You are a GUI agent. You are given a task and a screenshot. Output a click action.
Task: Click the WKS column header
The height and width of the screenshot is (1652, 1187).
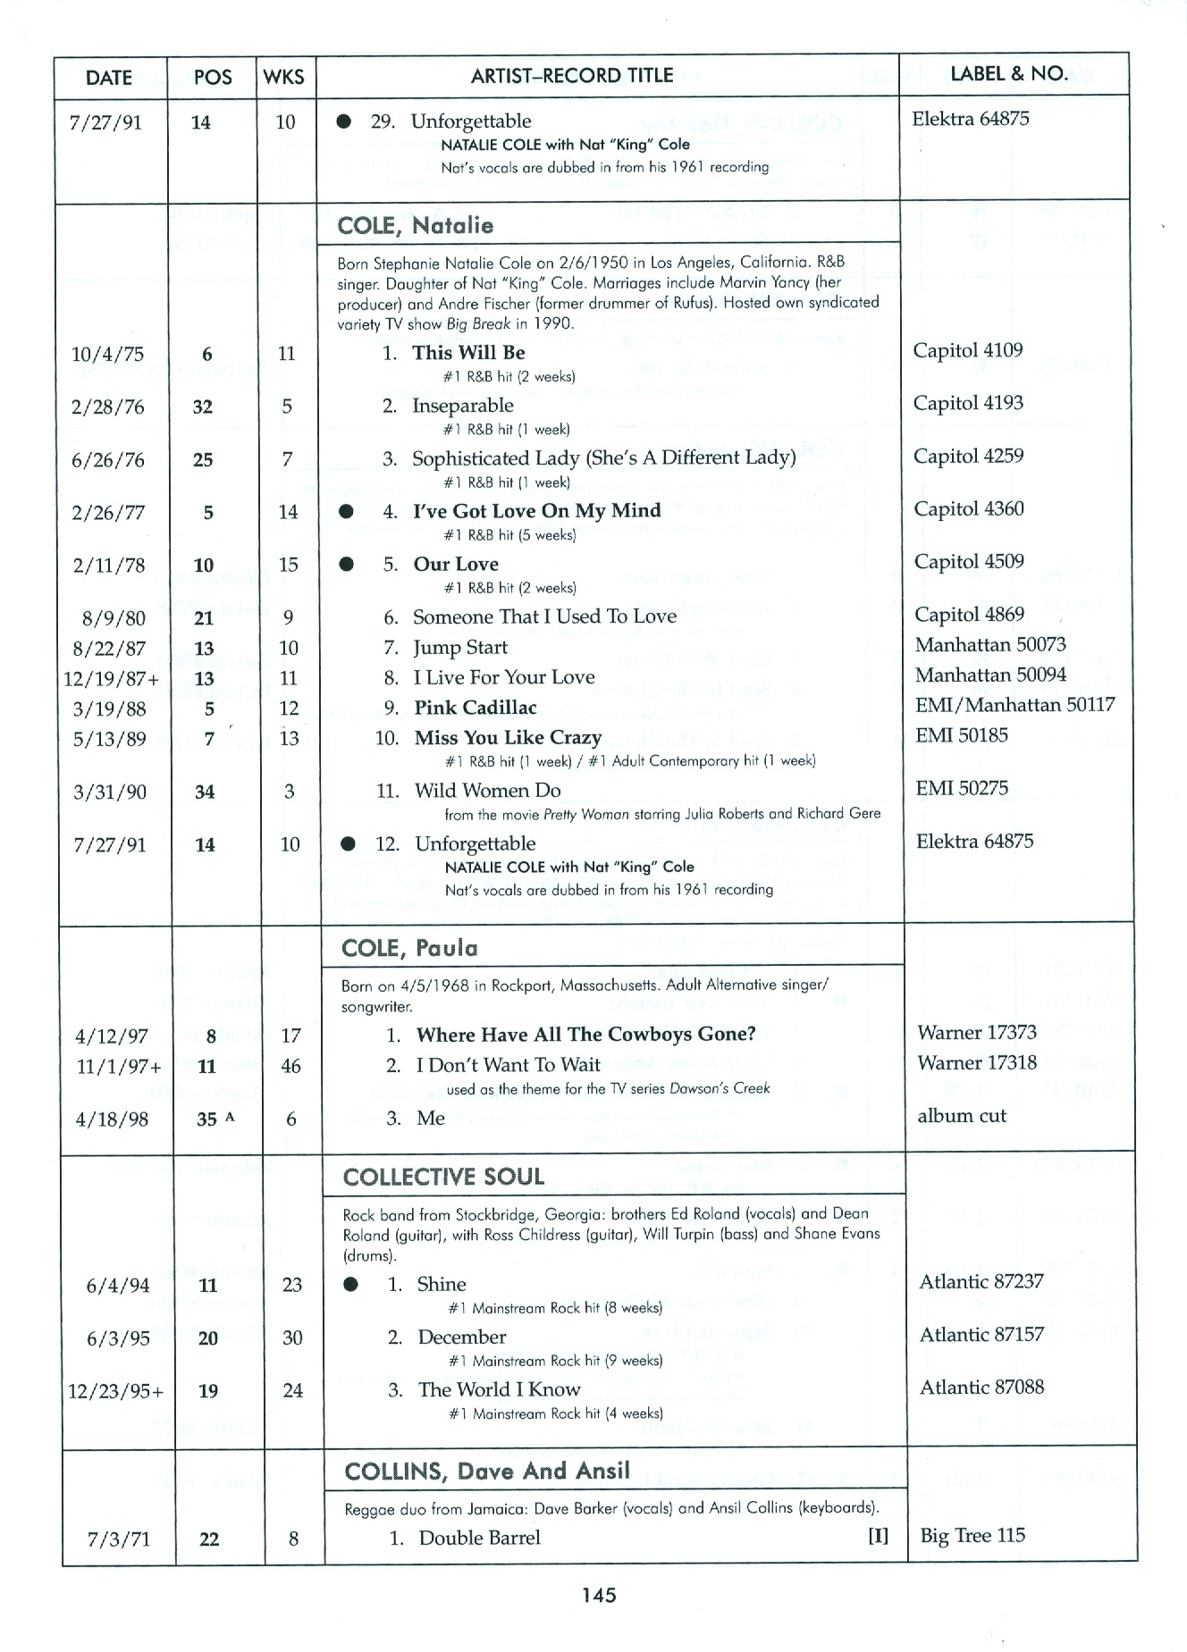pos(284,77)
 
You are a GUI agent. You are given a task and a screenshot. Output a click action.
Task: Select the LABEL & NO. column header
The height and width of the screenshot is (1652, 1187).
pos(1009,74)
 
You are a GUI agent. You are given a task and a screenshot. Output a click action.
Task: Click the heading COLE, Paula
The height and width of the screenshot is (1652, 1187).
pos(409,948)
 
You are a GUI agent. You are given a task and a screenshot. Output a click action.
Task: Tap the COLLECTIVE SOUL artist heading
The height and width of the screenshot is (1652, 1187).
pos(443,1177)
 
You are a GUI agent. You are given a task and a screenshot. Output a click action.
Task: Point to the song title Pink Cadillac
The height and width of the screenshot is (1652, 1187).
pos(475,708)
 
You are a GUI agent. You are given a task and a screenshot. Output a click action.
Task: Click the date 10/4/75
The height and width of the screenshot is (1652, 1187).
pos(107,354)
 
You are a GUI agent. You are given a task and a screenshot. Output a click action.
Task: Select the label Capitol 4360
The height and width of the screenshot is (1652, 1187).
pos(968,508)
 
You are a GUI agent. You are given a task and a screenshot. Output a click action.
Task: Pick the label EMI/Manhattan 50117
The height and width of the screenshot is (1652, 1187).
pos(1014,704)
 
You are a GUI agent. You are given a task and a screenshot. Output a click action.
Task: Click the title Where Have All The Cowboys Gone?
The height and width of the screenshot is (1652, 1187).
pos(585,1034)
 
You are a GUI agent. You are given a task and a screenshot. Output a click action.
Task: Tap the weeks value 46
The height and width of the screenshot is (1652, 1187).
pos(290,1066)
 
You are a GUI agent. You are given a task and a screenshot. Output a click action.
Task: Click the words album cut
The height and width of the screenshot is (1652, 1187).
pos(961,1115)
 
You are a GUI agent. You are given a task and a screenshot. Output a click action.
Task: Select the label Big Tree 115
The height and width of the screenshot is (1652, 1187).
pos(972,1535)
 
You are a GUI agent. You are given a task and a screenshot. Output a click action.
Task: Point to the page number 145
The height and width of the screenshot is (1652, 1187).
pos(599,1595)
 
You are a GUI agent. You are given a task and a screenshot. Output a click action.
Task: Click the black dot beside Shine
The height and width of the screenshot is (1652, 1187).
pos(351,1284)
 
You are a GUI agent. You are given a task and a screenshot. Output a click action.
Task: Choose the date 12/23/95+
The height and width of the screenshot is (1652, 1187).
pos(116,1391)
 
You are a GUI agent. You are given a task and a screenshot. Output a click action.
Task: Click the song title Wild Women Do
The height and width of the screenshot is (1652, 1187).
pos(487,790)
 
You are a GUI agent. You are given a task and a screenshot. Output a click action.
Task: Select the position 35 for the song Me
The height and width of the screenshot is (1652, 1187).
pos(206,1120)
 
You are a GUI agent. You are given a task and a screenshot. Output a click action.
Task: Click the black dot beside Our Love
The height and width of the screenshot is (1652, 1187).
pos(348,564)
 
